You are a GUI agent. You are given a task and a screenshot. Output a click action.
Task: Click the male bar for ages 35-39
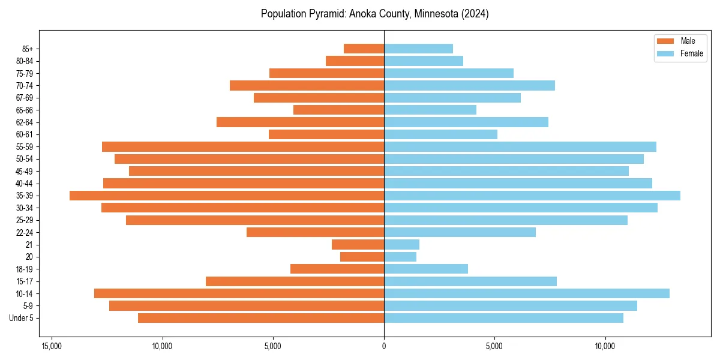coord(227,196)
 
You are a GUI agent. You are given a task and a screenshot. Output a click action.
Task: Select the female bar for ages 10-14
coord(527,293)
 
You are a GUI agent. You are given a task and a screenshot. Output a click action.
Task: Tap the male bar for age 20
coord(362,257)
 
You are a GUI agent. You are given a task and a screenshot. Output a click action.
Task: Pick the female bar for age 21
coord(401,244)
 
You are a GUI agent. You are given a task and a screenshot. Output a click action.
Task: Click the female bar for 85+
coord(418,49)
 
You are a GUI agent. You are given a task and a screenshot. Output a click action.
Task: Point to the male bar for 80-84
coord(355,61)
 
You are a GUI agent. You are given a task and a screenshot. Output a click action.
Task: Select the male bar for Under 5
coord(261,318)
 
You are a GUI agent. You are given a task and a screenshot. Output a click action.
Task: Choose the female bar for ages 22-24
coord(460,232)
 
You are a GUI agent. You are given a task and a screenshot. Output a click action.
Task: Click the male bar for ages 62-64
coord(300,122)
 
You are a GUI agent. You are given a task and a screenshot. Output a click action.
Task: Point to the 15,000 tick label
coord(52,346)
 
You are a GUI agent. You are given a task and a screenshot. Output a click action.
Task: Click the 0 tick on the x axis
coord(384,346)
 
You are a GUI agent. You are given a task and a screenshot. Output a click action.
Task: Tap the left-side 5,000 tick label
coord(273,346)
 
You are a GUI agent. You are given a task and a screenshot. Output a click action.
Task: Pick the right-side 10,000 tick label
coord(605,346)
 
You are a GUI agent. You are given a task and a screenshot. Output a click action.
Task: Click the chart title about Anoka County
coord(374,14)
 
